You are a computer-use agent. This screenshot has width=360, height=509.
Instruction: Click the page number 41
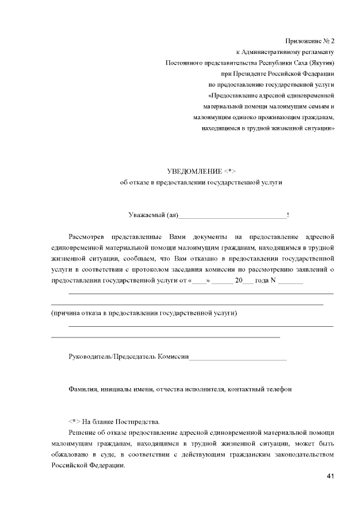point(330,476)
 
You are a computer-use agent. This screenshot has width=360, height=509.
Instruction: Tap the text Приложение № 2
point(309,41)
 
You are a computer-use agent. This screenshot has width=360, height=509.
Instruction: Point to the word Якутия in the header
point(321,62)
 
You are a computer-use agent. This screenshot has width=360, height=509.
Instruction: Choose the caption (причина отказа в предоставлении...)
point(144,313)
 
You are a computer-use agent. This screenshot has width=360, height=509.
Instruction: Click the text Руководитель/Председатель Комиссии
point(128,357)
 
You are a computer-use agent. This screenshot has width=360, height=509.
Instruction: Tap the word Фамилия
point(83,389)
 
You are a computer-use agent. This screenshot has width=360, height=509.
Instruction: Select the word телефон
point(278,389)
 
